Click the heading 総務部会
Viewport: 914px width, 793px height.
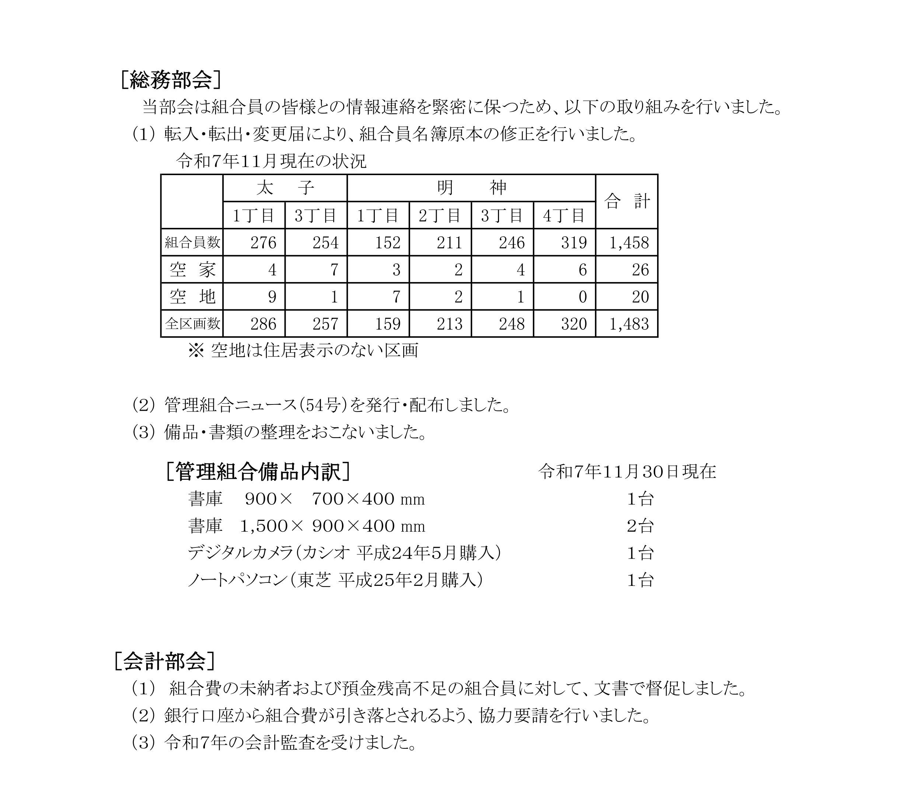point(170,80)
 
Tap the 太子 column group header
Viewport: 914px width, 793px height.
point(285,188)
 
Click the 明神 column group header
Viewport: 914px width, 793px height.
point(471,188)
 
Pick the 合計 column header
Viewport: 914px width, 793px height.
point(627,202)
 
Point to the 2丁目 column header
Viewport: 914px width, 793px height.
point(440,216)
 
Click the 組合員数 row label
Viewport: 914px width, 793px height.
point(192,243)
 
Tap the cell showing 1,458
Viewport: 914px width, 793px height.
point(629,243)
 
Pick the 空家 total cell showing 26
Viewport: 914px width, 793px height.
point(640,270)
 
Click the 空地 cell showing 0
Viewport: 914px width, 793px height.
point(582,297)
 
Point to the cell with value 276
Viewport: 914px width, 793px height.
point(263,243)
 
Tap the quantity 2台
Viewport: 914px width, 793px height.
point(640,526)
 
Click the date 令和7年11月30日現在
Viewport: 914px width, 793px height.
point(627,472)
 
